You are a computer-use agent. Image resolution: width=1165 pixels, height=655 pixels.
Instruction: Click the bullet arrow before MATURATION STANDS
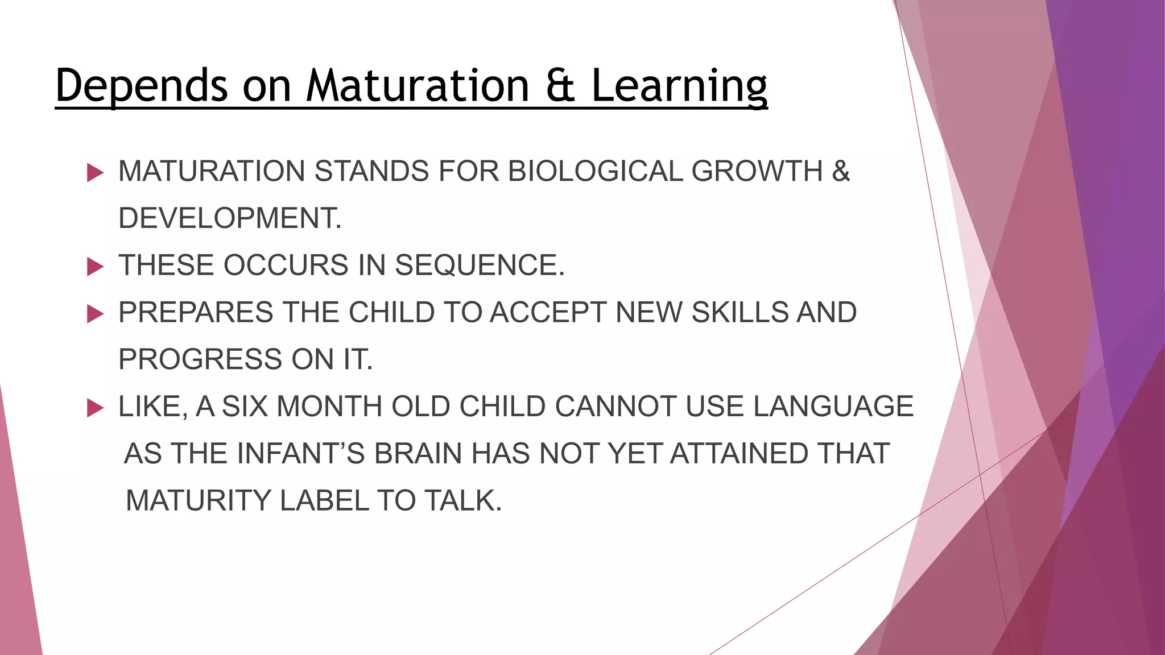pos(95,172)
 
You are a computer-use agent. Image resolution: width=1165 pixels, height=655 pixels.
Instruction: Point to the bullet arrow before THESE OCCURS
pos(95,266)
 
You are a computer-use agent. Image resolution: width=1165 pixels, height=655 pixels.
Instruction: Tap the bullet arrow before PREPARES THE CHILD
pos(95,313)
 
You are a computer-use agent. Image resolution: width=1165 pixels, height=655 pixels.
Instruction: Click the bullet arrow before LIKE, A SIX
pos(95,408)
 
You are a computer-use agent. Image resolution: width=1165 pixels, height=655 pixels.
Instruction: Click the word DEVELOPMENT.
pos(230,218)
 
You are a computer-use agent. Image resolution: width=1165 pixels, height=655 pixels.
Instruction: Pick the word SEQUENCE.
pos(479,266)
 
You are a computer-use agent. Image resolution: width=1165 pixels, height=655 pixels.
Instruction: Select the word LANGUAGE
pos(833,407)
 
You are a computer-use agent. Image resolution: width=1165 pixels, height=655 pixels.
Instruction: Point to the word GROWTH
pos(757,171)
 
